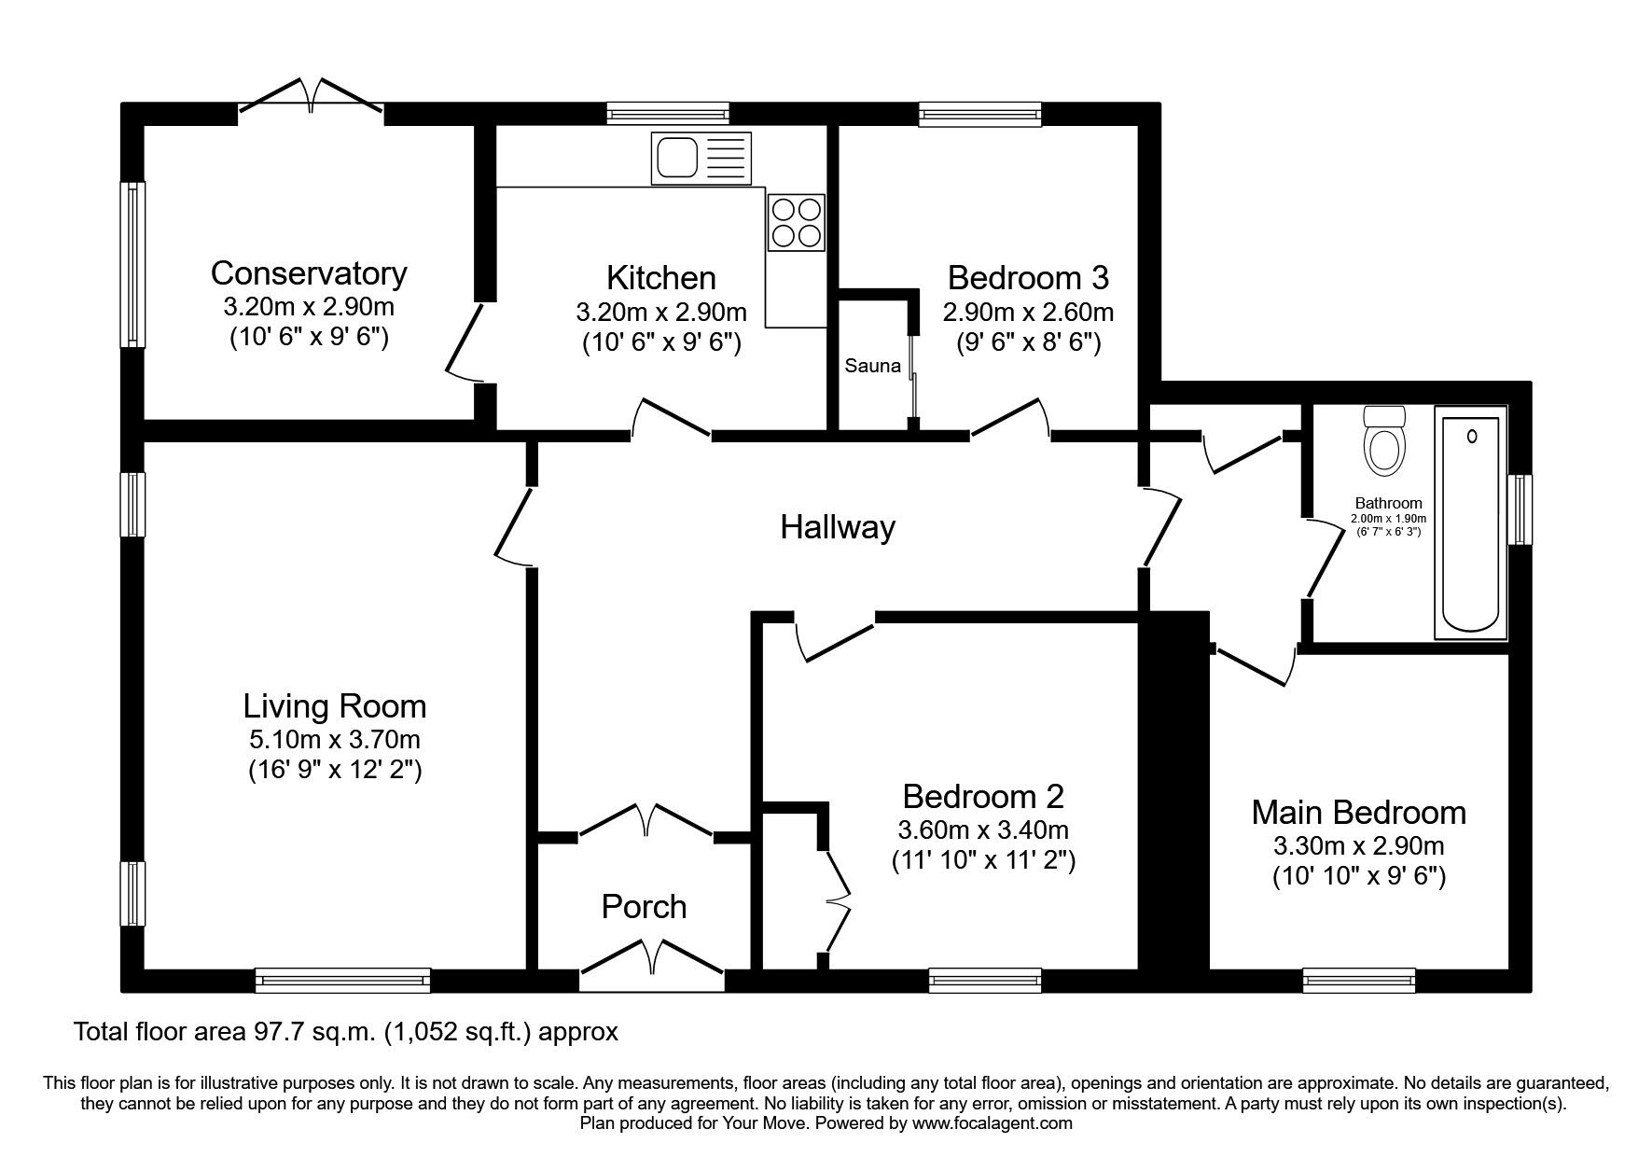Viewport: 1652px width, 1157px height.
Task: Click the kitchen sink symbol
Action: pyautogui.click(x=701, y=158)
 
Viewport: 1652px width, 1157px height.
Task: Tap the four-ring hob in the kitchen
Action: pyautogui.click(x=796, y=222)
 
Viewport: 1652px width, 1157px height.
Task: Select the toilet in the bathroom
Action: pyautogui.click(x=1382, y=442)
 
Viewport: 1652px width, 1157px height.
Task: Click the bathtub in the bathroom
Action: pyautogui.click(x=1471, y=523)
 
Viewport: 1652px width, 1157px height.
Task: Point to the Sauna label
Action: pyautogui.click(x=872, y=366)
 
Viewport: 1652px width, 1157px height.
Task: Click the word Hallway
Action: pyautogui.click(x=837, y=527)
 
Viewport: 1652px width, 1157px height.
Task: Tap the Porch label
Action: pyautogui.click(x=644, y=906)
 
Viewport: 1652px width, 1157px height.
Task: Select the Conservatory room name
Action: pyautogui.click(x=309, y=273)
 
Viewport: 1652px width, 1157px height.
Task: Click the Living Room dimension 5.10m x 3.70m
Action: pyautogui.click(x=334, y=740)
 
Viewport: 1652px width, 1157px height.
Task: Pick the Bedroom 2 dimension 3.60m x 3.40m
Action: pyautogui.click(x=983, y=829)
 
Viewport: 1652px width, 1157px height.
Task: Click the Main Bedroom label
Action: pyautogui.click(x=1358, y=813)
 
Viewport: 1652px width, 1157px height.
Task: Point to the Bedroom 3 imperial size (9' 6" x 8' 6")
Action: pyautogui.click(x=1028, y=342)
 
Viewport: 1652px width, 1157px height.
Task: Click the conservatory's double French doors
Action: pyautogui.click(x=312, y=98)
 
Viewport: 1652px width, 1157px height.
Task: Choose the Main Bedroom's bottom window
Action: pyautogui.click(x=1358, y=980)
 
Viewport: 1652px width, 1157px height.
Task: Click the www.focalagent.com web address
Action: pyautogui.click(x=992, y=1123)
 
